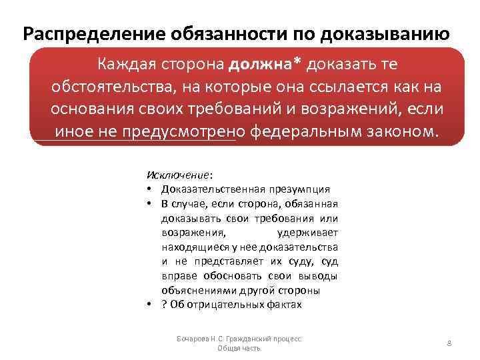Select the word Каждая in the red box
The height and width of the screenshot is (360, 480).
tap(127, 65)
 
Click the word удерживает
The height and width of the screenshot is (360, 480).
tap(307, 233)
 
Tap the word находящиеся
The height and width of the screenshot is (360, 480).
tap(193, 247)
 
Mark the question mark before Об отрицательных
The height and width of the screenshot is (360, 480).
tap(164, 305)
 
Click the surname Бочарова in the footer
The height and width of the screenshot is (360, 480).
tap(193, 339)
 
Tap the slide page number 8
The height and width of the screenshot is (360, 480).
tap(449, 343)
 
